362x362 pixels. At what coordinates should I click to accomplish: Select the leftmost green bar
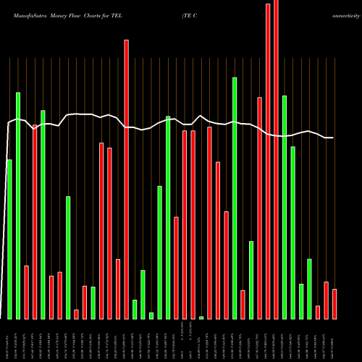[x=9, y=239]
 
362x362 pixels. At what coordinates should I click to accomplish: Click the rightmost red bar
[x=334, y=304]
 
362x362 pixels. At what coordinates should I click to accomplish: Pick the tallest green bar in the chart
[x=235, y=198]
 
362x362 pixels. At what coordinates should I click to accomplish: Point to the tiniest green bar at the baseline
[x=201, y=317]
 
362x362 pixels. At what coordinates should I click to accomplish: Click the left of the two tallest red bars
[x=268, y=161]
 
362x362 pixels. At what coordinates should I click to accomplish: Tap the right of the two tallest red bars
[x=276, y=159]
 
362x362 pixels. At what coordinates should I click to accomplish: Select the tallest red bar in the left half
[x=126, y=179]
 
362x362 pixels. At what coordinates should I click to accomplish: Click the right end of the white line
[x=333, y=138]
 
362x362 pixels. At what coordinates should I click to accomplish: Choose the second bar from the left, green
[x=18, y=206]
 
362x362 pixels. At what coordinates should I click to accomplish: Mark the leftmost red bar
[x=26, y=292]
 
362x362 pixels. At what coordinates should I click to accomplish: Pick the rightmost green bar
[x=309, y=288]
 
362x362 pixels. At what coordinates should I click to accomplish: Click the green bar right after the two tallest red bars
[x=285, y=207]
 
